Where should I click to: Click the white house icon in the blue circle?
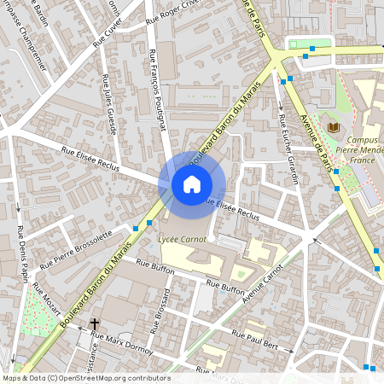(x=192, y=183)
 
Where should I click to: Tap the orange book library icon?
(x=333, y=127)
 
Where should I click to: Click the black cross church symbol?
(x=95, y=324)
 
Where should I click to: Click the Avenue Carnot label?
(x=263, y=286)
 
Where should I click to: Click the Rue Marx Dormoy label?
(x=121, y=343)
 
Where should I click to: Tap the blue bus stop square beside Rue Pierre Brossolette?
(x=137, y=228)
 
